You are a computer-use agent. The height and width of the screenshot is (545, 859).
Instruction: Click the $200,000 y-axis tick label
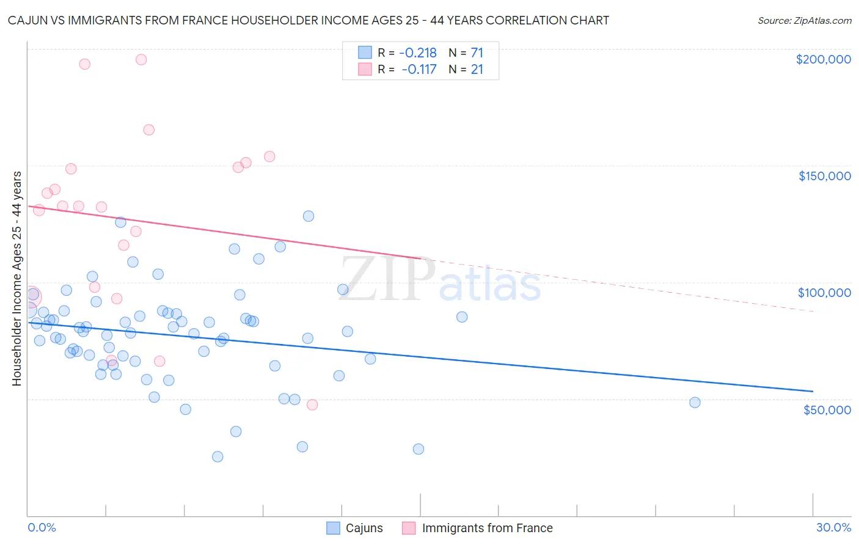point(823,59)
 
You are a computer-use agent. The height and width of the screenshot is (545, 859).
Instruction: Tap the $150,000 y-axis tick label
point(824,176)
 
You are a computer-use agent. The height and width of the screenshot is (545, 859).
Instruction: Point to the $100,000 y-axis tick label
point(824,293)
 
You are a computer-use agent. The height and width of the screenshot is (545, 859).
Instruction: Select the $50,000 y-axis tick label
point(827,410)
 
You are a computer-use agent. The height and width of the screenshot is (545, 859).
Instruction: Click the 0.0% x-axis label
point(42,527)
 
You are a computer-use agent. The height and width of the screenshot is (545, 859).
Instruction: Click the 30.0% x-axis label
point(833,527)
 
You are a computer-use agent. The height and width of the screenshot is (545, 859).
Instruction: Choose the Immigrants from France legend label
point(487,528)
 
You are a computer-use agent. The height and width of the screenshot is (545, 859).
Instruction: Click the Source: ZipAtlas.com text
point(804,20)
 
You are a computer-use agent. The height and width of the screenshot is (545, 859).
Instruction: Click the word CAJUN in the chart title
point(26,20)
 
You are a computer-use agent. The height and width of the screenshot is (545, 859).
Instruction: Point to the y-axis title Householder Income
point(17,278)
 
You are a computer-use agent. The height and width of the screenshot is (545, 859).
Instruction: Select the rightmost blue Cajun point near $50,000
point(695,402)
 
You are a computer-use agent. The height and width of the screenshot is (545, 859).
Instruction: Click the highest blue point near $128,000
point(309,216)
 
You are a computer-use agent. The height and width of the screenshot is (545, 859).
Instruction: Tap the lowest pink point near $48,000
point(312,404)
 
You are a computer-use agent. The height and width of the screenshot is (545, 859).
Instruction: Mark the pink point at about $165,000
point(148,130)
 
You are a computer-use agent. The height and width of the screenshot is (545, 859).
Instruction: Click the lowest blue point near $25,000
point(217,456)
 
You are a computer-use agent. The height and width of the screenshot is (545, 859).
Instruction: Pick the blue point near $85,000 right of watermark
point(462,316)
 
